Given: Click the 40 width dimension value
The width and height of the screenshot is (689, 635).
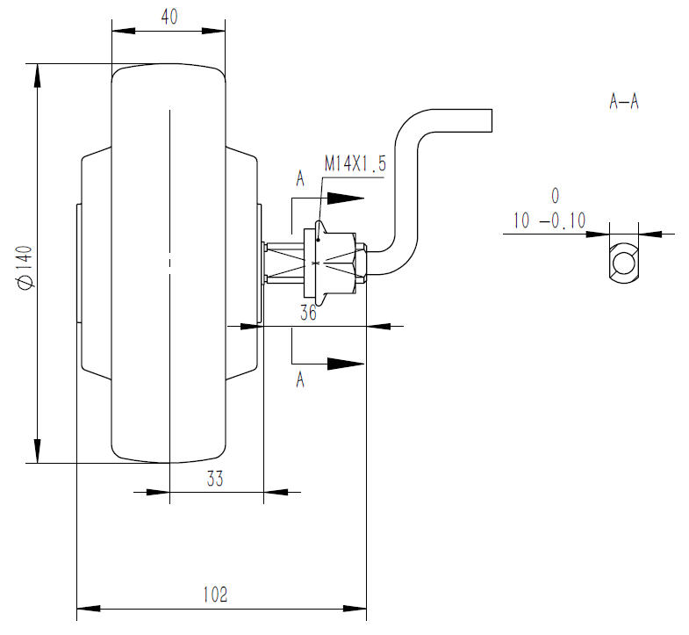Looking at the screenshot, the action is tap(169, 17).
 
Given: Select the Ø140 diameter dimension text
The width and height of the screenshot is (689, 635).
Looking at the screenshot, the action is tap(25, 268).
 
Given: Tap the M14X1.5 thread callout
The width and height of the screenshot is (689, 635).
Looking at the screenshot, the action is tap(355, 163).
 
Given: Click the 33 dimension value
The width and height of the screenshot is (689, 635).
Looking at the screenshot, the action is tap(215, 479).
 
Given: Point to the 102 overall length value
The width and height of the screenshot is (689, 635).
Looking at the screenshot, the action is tap(215, 595).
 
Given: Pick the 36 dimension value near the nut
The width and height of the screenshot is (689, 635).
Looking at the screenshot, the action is tap(308, 313).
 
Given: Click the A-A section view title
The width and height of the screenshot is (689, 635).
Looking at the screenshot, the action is tap(623, 102).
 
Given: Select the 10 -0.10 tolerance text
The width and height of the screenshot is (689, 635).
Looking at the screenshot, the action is tap(549, 220).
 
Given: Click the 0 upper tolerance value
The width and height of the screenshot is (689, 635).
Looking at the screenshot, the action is tap(555, 196).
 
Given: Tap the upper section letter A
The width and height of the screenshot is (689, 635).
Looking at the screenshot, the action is tap(300, 179).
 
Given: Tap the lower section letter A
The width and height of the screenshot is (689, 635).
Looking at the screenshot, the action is tap(300, 379).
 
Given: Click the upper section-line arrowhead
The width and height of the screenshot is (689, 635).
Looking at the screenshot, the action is tap(346, 198).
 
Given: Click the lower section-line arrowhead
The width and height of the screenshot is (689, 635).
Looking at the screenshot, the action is tap(346, 364).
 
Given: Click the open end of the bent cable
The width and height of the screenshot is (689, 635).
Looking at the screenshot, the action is tap(492, 120).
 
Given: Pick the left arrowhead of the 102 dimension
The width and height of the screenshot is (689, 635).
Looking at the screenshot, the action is tap(89, 609).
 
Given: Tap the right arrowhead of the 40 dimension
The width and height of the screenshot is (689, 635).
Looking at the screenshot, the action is tap(213, 31).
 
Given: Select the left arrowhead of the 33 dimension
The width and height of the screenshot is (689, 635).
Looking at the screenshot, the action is tap(158, 492).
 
